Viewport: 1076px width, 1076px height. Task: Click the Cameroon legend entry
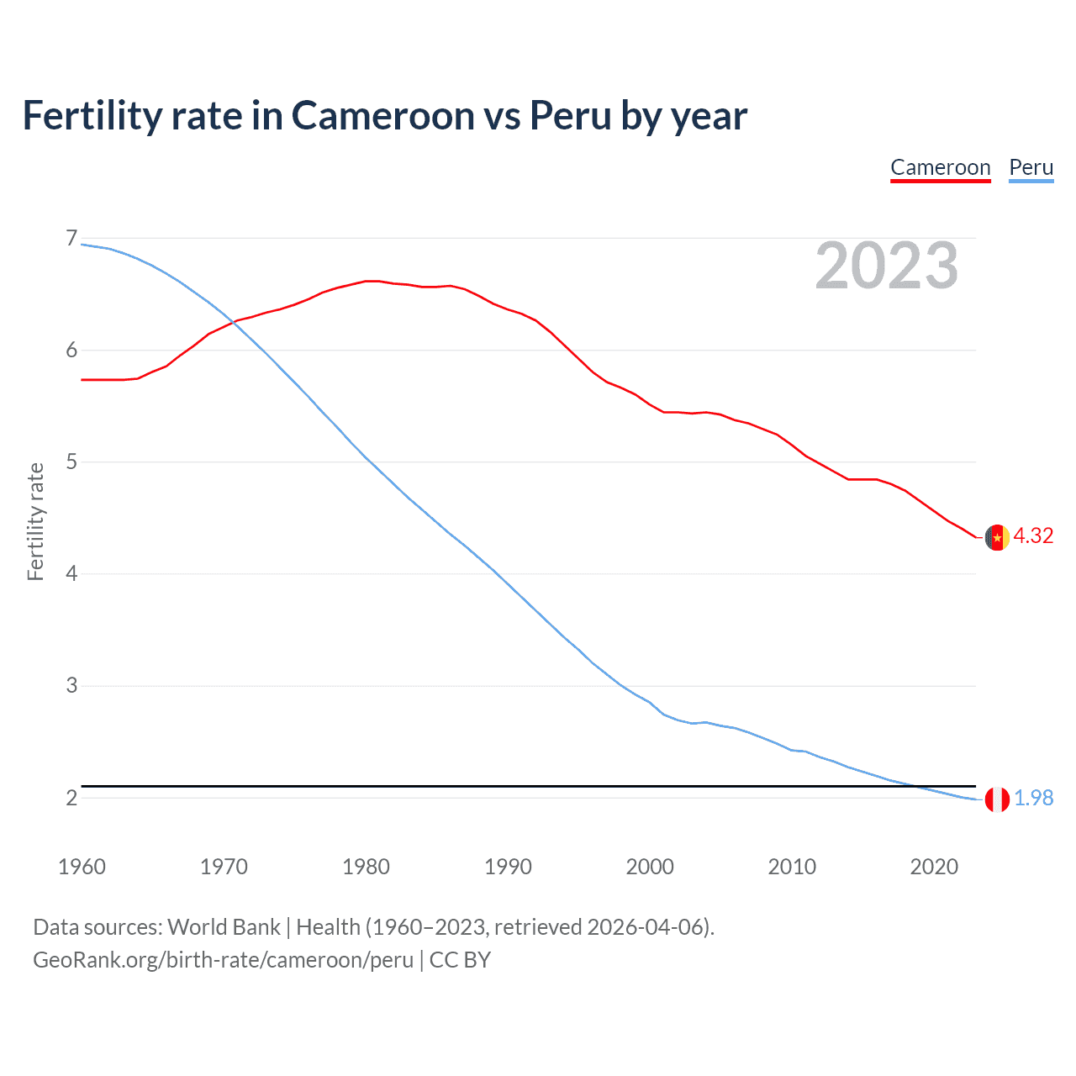940,167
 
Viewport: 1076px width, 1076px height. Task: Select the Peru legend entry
1031,167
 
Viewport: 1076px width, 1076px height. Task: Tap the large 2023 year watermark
886,266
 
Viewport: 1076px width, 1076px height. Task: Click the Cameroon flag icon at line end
997,537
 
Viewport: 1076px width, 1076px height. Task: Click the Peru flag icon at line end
997,799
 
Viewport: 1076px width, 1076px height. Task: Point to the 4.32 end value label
1033,535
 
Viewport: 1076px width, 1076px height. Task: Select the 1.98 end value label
1033,798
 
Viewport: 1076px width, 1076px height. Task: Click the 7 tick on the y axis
71,239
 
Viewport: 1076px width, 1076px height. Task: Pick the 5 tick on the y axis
71,462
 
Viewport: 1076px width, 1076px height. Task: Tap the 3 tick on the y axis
71,686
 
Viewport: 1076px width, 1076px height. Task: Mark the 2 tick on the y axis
71,798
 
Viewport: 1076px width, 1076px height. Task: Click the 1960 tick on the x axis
82,867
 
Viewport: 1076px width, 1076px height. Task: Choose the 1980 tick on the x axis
366,867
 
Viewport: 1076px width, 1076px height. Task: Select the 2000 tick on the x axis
650,867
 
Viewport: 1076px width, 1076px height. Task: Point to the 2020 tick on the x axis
934,867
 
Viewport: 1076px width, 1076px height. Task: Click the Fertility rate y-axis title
35,521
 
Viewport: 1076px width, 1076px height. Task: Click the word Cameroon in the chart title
382,116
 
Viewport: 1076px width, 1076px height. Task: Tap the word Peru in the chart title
570,116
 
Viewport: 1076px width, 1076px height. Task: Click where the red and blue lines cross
232,322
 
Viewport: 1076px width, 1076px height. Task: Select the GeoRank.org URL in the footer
223,960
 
